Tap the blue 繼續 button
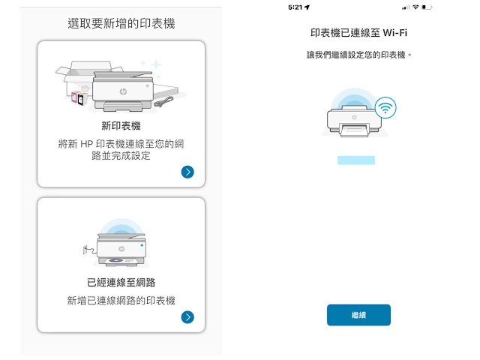[358, 315]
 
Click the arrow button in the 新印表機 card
[187, 172]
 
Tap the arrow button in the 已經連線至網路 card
[187, 317]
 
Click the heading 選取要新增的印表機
[121, 23]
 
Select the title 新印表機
[121, 126]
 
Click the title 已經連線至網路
[121, 282]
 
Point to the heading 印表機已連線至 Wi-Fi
[358, 33]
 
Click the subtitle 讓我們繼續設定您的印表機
[356, 55]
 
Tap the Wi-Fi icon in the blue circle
[385, 107]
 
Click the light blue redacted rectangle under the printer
[356, 160]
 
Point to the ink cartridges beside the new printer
[78, 98]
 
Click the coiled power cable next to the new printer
[163, 102]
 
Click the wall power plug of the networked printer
[85, 250]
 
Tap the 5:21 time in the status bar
[295, 7]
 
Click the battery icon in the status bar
[427, 7]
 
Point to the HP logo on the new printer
[123, 91]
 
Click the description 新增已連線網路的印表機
[121, 301]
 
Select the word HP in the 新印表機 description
[87, 144]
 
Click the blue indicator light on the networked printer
[142, 245]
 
